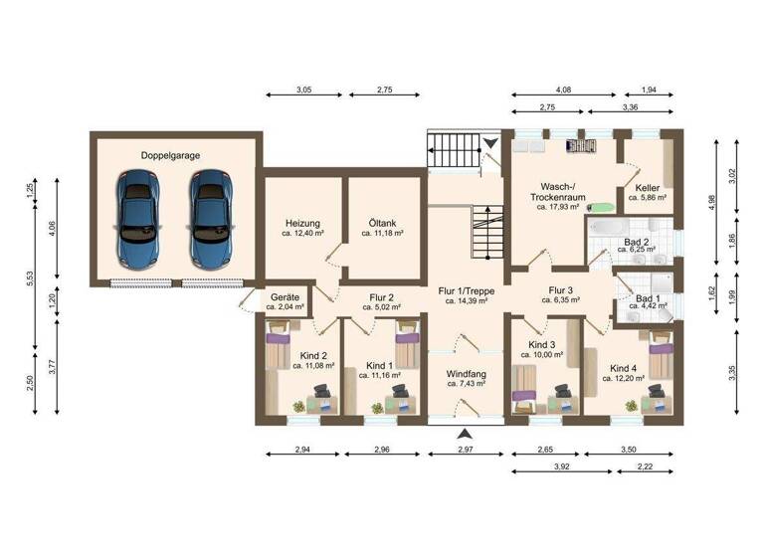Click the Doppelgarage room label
(x=172, y=155)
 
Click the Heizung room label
(x=300, y=223)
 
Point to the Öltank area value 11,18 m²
(x=383, y=234)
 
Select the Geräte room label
(x=284, y=296)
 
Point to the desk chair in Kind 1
(x=400, y=391)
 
